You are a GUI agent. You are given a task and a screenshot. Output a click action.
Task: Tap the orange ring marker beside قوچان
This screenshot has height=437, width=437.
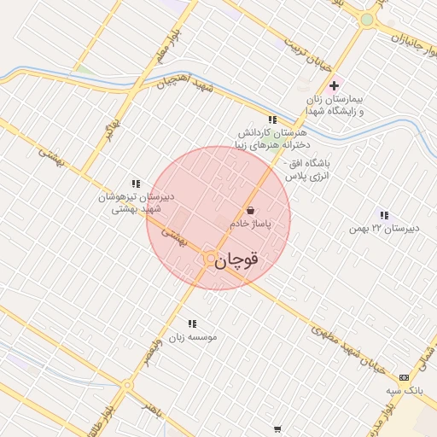[210, 259]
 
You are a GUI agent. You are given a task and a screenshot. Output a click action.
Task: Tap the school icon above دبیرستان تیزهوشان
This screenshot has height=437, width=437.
[135, 183]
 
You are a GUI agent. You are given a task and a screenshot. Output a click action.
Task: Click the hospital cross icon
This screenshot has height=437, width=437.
[334, 85]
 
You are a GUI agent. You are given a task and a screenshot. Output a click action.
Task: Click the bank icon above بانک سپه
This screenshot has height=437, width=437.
[404, 376]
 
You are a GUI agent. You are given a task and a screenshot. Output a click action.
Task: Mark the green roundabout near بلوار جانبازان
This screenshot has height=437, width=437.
[367, 20]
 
